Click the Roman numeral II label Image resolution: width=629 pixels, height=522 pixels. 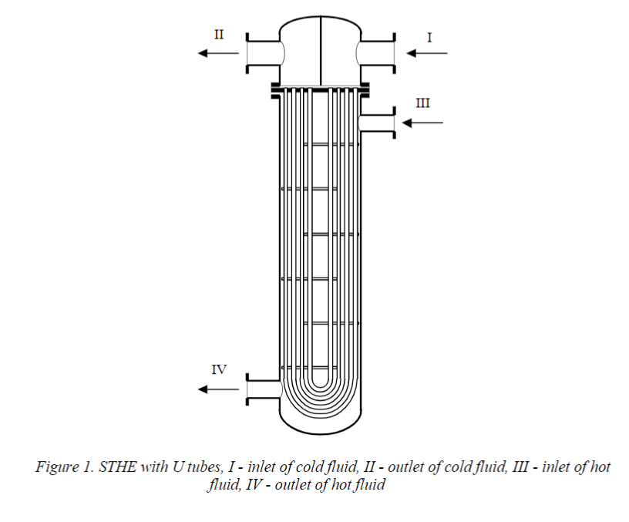click(218, 35)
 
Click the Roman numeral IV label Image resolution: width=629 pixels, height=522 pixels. click(219, 369)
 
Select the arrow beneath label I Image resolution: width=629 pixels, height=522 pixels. click(426, 53)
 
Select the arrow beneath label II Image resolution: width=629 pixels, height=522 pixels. click(217, 53)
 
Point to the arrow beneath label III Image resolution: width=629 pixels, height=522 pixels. click(423, 122)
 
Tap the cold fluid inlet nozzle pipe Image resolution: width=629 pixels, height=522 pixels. click(377, 53)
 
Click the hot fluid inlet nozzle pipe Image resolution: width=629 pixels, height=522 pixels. click(378, 123)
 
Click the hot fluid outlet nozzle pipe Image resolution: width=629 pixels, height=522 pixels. click(262, 389)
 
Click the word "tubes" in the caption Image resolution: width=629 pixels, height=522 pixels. click(199, 467)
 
